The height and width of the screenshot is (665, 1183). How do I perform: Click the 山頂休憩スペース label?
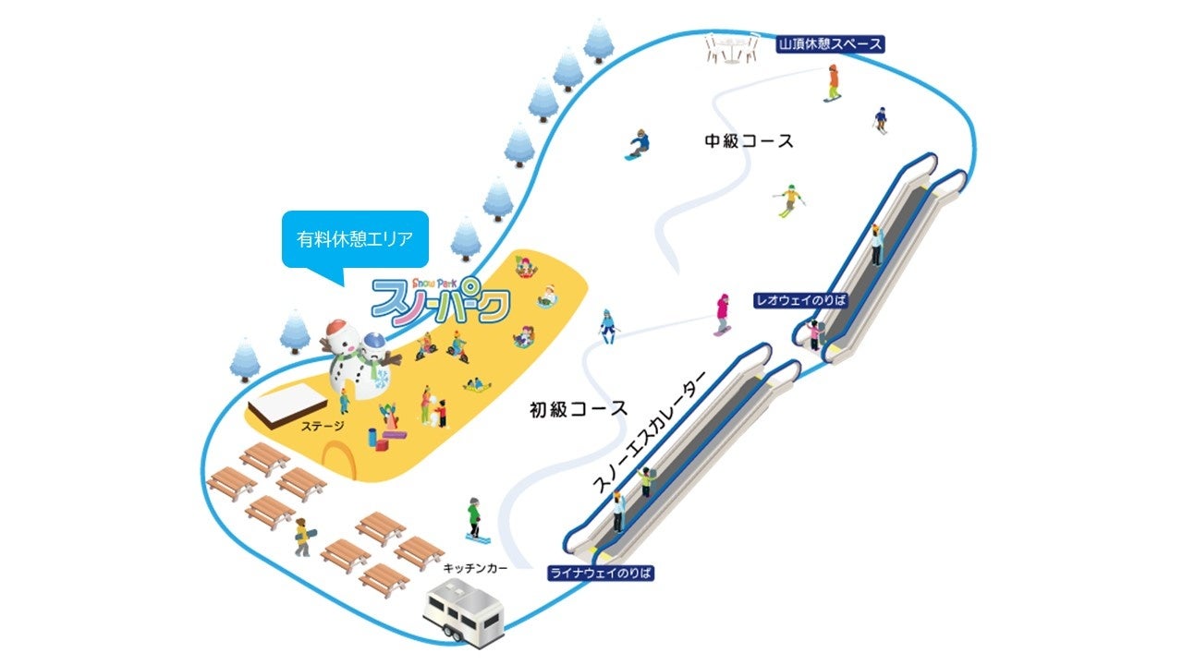coord(829,43)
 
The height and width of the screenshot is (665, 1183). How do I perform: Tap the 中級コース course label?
coord(749,141)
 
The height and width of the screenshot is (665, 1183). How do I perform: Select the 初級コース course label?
coord(579,408)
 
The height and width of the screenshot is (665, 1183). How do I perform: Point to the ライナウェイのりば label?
coord(601,574)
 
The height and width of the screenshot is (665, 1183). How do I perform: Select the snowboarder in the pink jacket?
coord(722,314)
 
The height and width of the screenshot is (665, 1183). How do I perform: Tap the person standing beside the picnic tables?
coord(302,536)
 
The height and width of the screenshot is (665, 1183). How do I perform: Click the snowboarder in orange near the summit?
coord(833,83)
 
